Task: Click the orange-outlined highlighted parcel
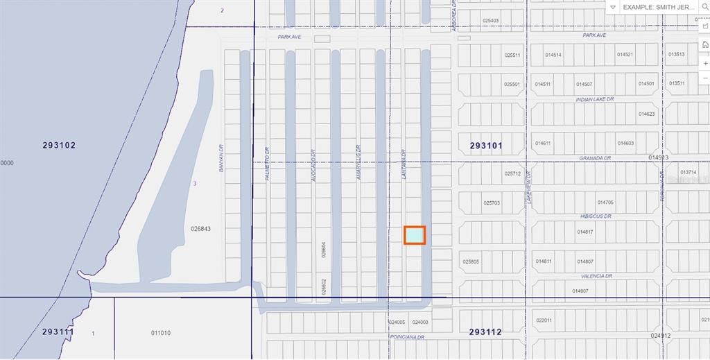(x=415, y=235)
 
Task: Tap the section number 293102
(x=59, y=146)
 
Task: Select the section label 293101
(x=486, y=146)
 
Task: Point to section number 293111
(x=58, y=332)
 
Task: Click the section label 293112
(x=485, y=332)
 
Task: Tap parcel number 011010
(x=161, y=333)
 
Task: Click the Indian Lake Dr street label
(x=595, y=99)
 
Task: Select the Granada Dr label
(x=595, y=158)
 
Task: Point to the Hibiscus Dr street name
(x=595, y=216)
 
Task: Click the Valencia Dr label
(x=596, y=276)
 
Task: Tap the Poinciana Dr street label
(x=406, y=337)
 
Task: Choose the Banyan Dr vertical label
(x=222, y=157)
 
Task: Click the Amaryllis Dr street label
(x=358, y=162)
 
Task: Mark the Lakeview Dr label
(x=528, y=187)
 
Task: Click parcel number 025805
(x=471, y=262)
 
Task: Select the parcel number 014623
(x=646, y=114)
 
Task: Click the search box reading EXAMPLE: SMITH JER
(x=659, y=7)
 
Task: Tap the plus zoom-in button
(x=705, y=63)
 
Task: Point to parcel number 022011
(x=544, y=320)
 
